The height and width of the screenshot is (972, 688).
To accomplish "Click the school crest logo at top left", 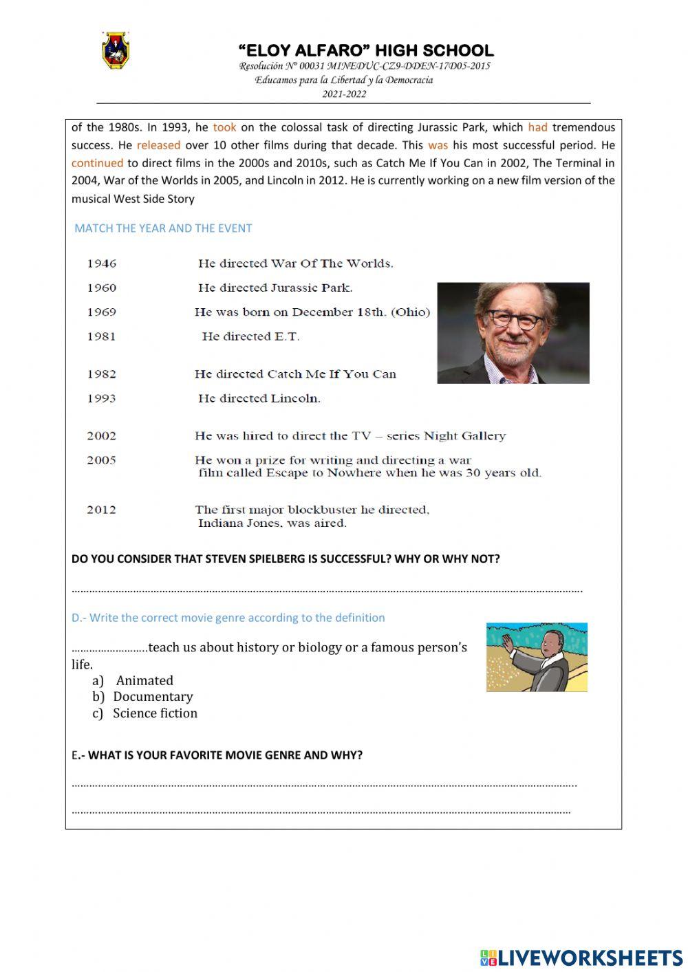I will click(x=116, y=51).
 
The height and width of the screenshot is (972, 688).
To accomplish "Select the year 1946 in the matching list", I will click(x=102, y=263).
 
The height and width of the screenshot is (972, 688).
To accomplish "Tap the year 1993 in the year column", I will click(x=102, y=398).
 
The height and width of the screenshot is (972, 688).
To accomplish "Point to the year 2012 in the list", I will click(x=102, y=510).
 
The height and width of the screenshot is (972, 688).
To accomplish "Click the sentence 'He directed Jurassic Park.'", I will click(x=275, y=288).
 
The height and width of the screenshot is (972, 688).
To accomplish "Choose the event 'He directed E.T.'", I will click(x=250, y=336).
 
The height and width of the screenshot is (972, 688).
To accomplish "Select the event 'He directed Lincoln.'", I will click(x=259, y=398).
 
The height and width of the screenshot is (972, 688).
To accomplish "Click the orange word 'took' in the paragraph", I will click(x=224, y=127).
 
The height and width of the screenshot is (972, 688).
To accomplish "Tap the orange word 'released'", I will click(x=158, y=145).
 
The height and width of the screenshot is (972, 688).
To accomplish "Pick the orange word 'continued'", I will click(x=97, y=163).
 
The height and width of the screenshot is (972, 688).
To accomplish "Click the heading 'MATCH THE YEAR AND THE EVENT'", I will click(x=163, y=228).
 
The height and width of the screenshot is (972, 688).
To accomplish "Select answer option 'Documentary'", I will click(x=153, y=697).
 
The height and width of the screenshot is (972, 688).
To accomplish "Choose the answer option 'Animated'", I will click(x=144, y=680).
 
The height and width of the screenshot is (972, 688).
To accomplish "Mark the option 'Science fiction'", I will click(x=155, y=713).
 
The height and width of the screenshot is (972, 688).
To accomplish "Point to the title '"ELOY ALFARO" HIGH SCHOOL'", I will click(x=365, y=50).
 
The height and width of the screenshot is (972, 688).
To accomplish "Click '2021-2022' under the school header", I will click(x=344, y=94).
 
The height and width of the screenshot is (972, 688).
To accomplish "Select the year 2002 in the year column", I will click(x=102, y=436).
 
